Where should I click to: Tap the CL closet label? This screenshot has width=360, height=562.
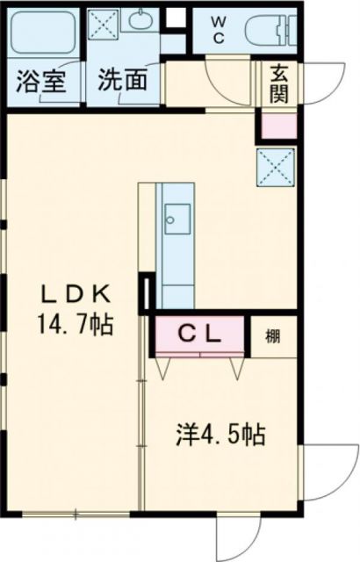point(198,333)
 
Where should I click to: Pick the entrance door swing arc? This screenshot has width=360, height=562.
point(325,83)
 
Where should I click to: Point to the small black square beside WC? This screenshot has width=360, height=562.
point(176,17)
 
